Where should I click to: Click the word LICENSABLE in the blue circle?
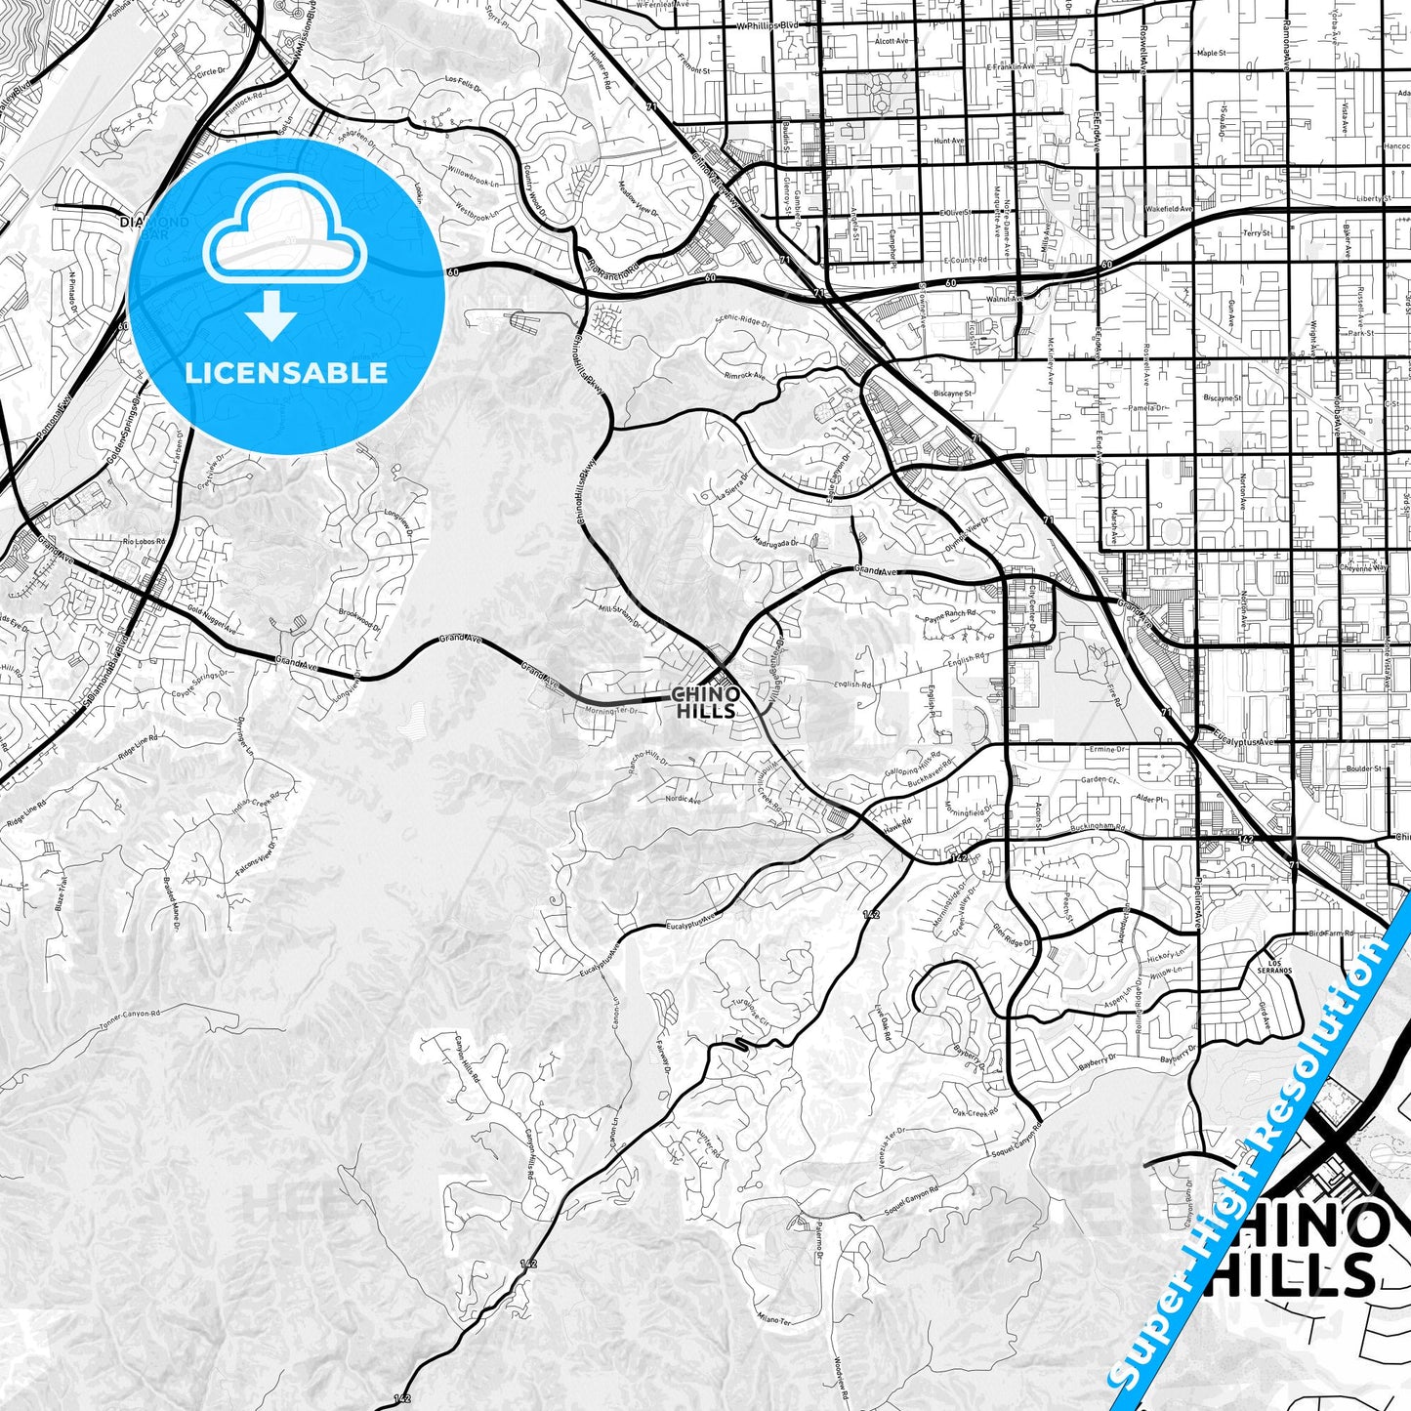[x=286, y=373]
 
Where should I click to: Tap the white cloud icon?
[x=284, y=235]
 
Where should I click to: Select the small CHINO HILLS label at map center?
[x=705, y=702]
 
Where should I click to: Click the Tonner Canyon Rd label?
[x=133, y=1018]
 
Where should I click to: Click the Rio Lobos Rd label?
[x=144, y=541]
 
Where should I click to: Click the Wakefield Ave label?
[x=1169, y=209]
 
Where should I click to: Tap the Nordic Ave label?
[x=683, y=800]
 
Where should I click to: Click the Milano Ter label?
[x=772, y=1320]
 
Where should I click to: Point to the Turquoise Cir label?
[x=751, y=1011]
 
